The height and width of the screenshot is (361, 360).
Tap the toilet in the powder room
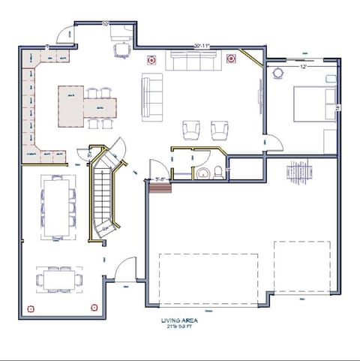(218, 173)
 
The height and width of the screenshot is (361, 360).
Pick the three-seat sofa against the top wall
(190, 60)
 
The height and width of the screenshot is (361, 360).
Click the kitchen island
(72, 105)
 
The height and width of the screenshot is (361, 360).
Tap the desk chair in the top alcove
(121, 50)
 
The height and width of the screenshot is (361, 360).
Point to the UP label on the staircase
(105, 228)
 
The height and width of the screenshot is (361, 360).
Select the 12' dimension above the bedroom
(304, 67)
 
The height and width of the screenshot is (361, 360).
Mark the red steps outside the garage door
(159, 185)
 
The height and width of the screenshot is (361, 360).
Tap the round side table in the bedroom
(279, 74)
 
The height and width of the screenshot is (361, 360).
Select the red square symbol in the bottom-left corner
(30, 308)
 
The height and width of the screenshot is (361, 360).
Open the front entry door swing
(124, 268)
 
